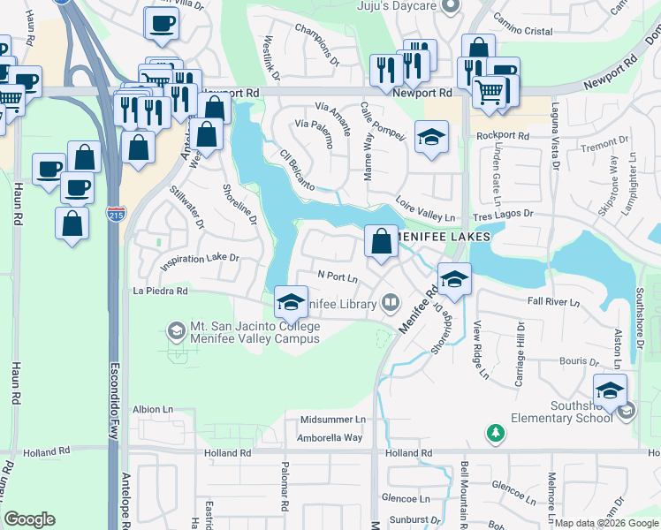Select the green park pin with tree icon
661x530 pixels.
click(496, 433)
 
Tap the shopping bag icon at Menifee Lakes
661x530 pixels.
click(381, 241)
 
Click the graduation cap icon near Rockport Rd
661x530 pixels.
click(431, 137)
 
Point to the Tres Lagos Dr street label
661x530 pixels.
click(502, 214)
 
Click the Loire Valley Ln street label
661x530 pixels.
click(425, 208)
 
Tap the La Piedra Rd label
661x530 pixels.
click(160, 290)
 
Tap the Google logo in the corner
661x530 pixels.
click(29, 519)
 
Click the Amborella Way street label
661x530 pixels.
click(329, 437)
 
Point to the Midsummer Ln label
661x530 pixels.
click(332, 420)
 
